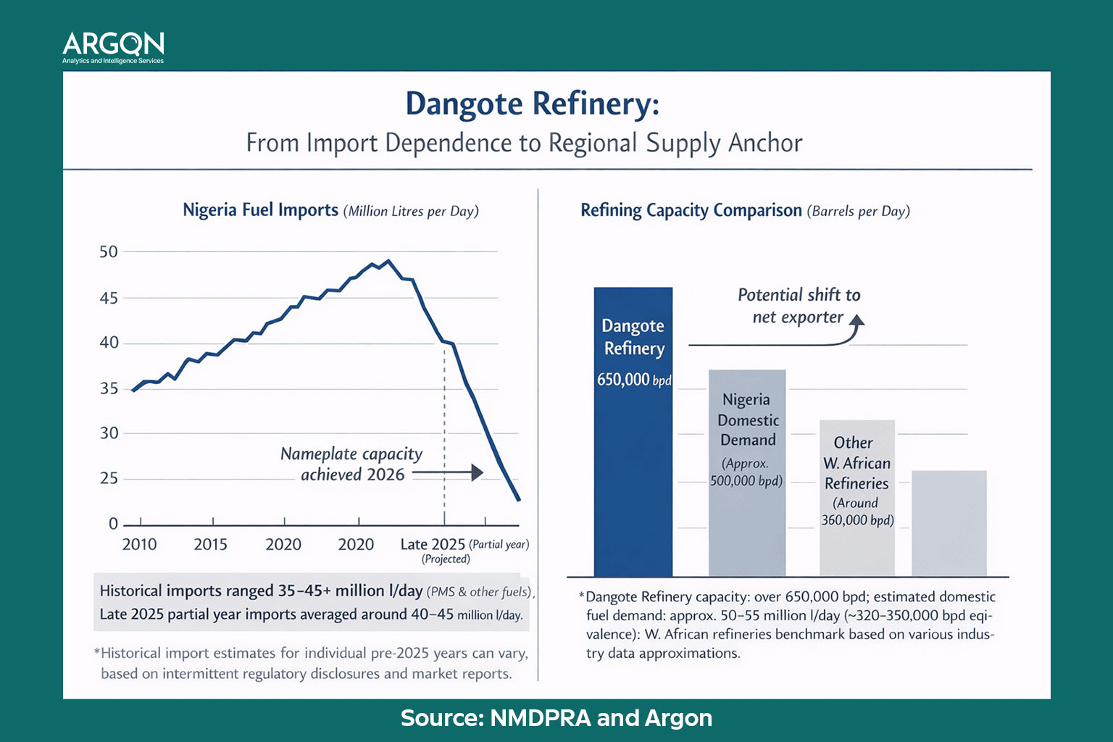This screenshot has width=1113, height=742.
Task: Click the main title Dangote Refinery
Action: point(532,104)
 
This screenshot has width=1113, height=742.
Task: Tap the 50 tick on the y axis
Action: point(109,252)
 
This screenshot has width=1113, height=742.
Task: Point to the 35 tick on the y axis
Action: point(109,388)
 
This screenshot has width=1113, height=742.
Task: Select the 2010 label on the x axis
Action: point(139,544)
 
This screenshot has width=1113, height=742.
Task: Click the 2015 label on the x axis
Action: point(210,544)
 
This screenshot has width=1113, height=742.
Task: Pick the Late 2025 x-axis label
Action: point(433,544)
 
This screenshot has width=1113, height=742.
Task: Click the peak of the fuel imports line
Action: point(388,261)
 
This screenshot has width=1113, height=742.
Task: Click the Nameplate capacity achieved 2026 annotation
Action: point(351,464)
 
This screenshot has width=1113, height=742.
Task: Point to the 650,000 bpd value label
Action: point(634,380)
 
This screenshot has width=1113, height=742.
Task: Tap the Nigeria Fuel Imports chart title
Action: point(330,211)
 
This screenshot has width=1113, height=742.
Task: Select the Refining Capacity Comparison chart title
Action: point(745,211)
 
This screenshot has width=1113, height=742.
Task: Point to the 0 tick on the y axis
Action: point(113,524)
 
